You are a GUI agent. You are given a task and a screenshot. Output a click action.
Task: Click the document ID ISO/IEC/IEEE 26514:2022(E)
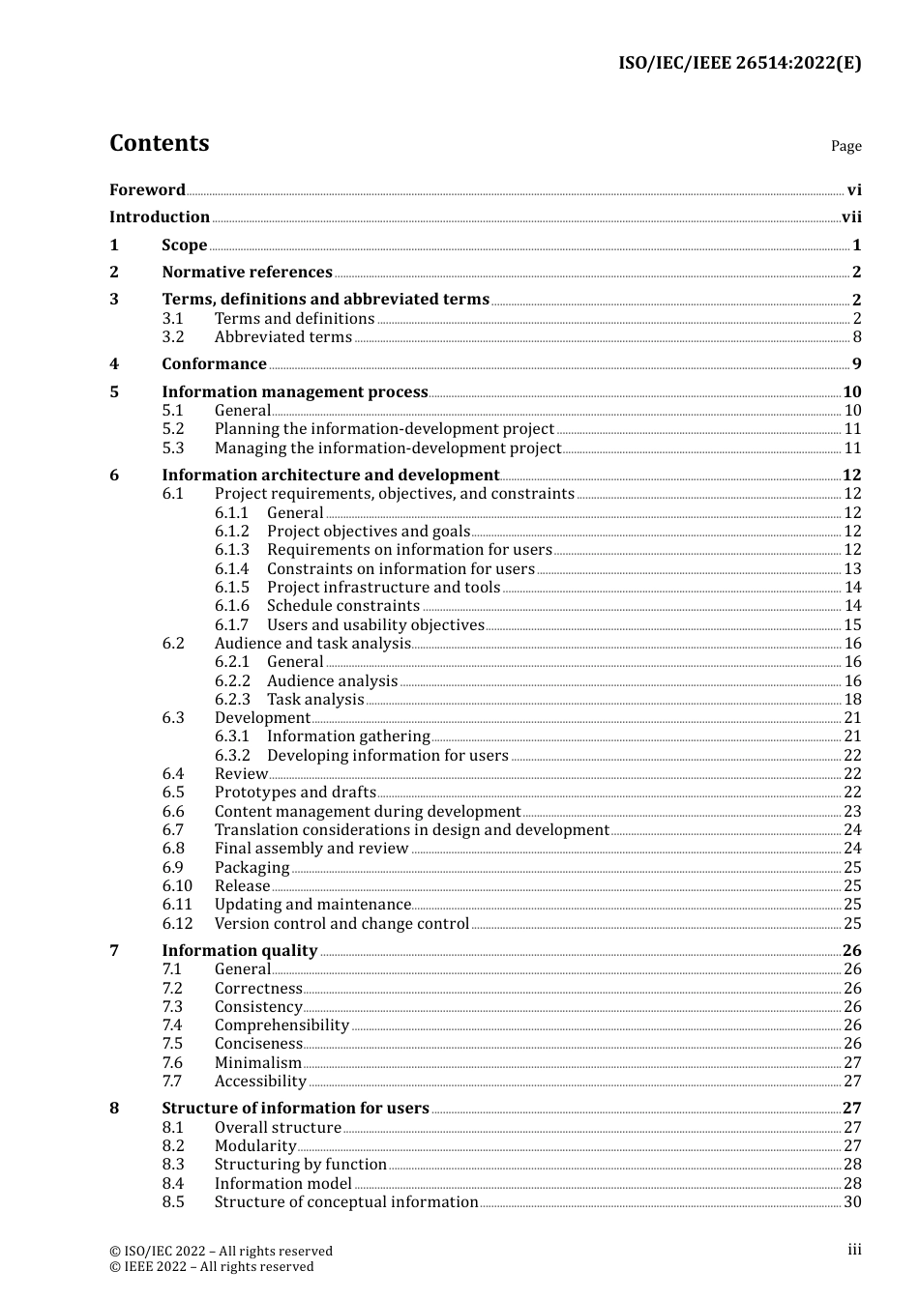pyautogui.click(x=739, y=64)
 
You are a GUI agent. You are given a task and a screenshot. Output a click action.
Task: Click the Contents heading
pyautogui.click(x=159, y=143)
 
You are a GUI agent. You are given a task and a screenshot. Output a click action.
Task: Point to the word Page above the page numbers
pyautogui.click(x=845, y=146)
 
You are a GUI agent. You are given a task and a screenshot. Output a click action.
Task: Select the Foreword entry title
pyautogui.click(x=147, y=190)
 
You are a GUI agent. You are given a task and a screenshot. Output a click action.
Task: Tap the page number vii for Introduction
pyautogui.click(x=851, y=217)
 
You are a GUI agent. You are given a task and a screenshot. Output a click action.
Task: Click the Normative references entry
pyautogui.click(x=247, y=273)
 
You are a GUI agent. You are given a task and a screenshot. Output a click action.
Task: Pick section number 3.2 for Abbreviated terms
pyautogui.click(x=173, y=337)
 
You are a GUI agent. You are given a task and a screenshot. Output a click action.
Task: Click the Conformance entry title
pyautogui.click(x=214, y=364)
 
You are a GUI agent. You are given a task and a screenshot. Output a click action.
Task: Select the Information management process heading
pyautogui.click(x=295, y=392)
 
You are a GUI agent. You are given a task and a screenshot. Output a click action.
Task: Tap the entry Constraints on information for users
pyautogui.click(x=400, y=569)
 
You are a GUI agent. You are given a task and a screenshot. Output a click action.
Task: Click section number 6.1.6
pyautogui.click(x=231, y=606)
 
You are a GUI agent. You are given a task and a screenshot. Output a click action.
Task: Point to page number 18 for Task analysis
pyautogui.click(x=852, y=700)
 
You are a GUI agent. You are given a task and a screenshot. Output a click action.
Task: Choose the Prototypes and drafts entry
pyautogui.click(x=295, y=793)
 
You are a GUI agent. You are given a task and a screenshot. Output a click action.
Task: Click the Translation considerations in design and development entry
pyautogui.click(x=411, y=830)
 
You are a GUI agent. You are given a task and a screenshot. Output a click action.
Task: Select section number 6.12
pyautogui.click(x=177, y=924)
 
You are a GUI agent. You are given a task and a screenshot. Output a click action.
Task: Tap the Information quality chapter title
pyautogui.click(x=239, y=951)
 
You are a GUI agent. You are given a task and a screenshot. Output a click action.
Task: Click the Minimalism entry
pyautogui.click(x=258, y=1063)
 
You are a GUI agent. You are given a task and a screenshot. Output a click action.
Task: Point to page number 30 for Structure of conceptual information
pyautogui.click(x=852, y=1202)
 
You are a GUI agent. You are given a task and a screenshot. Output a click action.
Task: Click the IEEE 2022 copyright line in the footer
pyautogui.click(x=211, y=1267)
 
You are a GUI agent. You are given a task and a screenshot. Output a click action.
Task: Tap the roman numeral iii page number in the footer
pyautogui.click(x=854, y=1250)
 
